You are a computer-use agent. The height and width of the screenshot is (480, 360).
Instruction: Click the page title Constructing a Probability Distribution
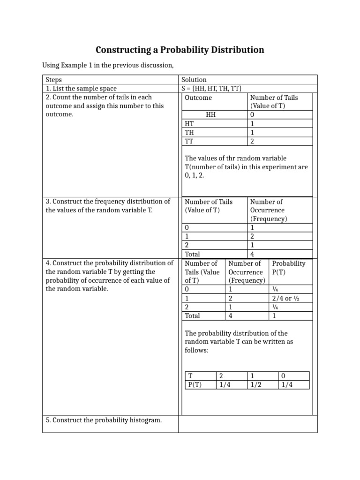tap(180, 50)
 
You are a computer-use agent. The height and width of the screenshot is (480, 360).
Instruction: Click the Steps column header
tap(54, 80)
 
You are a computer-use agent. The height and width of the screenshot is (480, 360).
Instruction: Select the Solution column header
tap(194, 80)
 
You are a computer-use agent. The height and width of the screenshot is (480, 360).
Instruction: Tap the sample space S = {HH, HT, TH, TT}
tap(211, 88)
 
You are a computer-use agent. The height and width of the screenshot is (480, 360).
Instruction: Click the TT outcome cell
tap(189, 141)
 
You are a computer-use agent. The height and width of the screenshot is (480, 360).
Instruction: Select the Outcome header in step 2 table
tap(198, 97)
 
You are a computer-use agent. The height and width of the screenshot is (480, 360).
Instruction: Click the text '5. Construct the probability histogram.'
tap(104, 420)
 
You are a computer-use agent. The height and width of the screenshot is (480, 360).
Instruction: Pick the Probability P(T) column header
tap(288, 268)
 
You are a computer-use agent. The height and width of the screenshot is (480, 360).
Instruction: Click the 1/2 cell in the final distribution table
tap(256, 385)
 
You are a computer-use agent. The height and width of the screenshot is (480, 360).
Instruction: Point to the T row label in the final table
tap(190, 376)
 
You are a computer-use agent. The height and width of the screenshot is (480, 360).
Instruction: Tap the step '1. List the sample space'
tap(81, 88)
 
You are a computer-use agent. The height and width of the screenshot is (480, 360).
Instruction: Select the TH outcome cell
tap(189, 132)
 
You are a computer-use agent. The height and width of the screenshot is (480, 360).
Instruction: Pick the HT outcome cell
tap(189, 124)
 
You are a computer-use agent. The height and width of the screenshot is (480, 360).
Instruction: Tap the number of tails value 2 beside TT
tap(252, 141)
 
